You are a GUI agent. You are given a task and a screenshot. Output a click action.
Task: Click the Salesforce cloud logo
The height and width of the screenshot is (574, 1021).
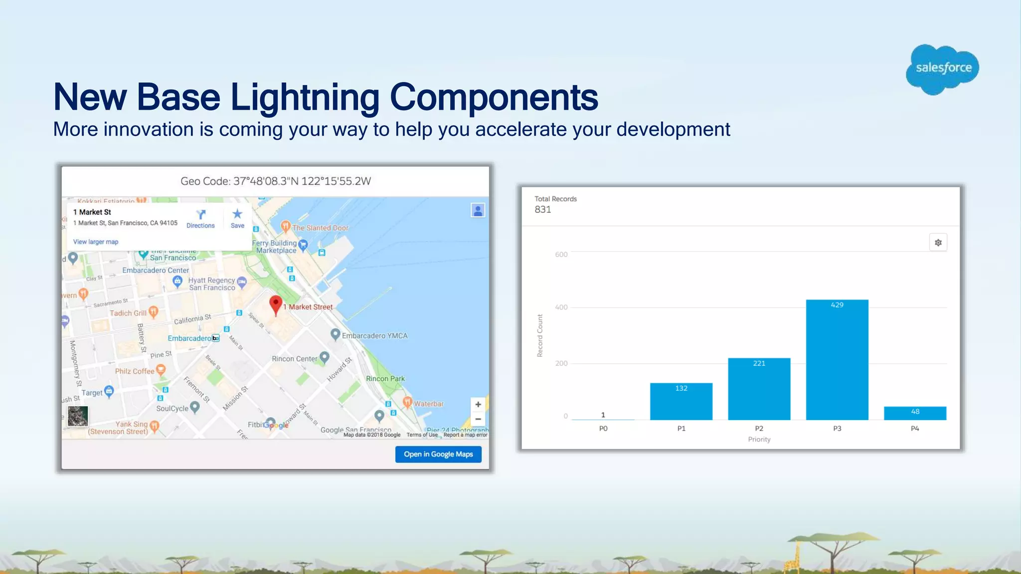(x=942, y=69)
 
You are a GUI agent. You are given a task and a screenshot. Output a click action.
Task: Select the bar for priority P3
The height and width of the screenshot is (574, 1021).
(x=837, y=360)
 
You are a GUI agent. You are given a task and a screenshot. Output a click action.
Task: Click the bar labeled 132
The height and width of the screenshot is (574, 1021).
(x=681, y=401)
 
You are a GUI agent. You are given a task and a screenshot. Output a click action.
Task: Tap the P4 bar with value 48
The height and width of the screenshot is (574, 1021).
(x=915, y=413)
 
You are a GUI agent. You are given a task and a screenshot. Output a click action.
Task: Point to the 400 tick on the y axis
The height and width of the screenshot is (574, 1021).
(x=561, y=307)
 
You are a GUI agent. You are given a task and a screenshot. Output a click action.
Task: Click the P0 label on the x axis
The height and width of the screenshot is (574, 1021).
(x=603, y=429)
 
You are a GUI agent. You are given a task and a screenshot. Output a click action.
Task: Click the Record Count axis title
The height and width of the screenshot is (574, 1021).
(x=540, y=335)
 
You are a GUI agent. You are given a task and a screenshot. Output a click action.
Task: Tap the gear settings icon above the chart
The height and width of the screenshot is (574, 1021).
(x=938, y=243)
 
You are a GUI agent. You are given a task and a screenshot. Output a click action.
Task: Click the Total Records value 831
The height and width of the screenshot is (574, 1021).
(x=543, y=210)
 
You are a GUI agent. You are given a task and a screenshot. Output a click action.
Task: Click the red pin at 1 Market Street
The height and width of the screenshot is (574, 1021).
(x=275, y=304)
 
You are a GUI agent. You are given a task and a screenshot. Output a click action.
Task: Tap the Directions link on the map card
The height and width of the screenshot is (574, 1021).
(x=200, y=219)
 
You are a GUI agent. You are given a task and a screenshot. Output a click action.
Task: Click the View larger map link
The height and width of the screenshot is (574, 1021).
(x=96, y=242)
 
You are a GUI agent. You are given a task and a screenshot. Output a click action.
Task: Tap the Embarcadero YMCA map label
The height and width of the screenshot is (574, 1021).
(x=374, y=336)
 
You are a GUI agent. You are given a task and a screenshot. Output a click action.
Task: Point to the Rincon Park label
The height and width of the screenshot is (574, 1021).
(x=385, y=379)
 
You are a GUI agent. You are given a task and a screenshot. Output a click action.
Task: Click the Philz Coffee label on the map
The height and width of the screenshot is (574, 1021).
(x=135, y=371)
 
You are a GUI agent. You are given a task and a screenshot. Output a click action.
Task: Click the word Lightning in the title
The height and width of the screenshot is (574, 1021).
(x=305, y=97)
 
